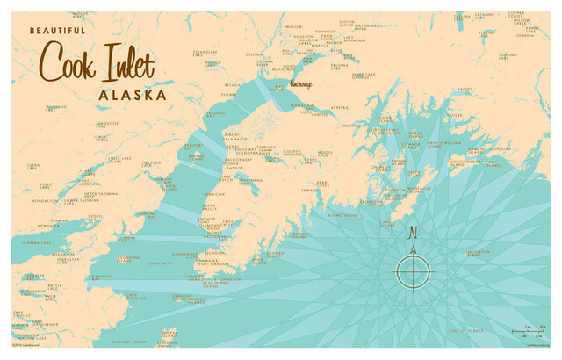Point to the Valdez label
pos(465,90)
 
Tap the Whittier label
pos(351,125)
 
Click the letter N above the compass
pos(412,234)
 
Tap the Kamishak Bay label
pos(102,275)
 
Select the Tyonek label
pos(229,94)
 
